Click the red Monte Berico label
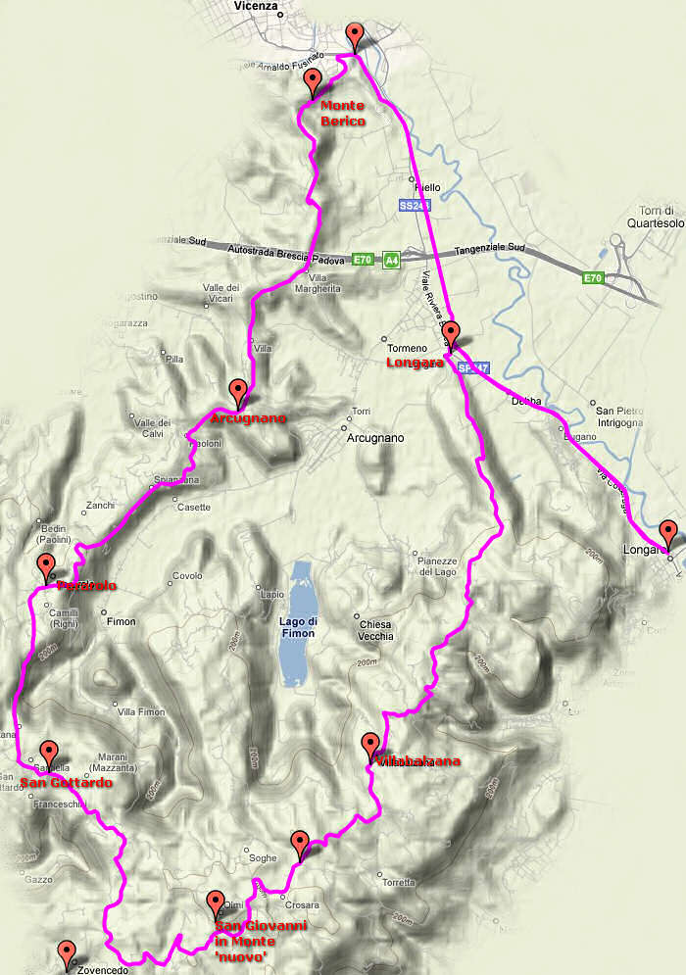342,113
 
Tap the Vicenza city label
258,6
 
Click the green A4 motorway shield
391,260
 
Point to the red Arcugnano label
248,418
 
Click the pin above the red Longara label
450,335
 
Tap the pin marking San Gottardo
47,755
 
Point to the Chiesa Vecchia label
375,630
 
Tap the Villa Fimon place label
141,711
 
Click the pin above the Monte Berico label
313,82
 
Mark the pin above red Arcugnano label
237,392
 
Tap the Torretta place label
399,882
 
